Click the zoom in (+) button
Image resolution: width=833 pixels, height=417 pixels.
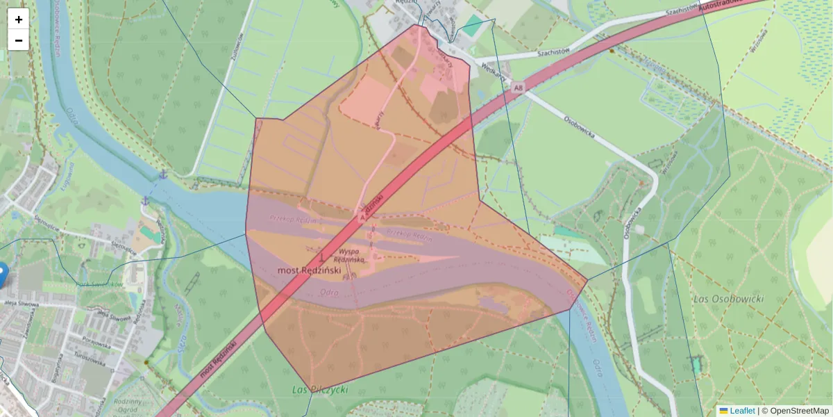coord(19,19)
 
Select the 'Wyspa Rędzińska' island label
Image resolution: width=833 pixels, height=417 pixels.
coord(352,255)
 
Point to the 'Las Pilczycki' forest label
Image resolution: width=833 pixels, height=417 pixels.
coord(320,390)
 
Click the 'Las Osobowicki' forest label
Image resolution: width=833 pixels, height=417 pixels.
coord(728,299)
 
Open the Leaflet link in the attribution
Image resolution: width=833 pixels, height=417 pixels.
coord(742,411)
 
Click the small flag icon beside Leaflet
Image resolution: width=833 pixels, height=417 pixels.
coord(723,411)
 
